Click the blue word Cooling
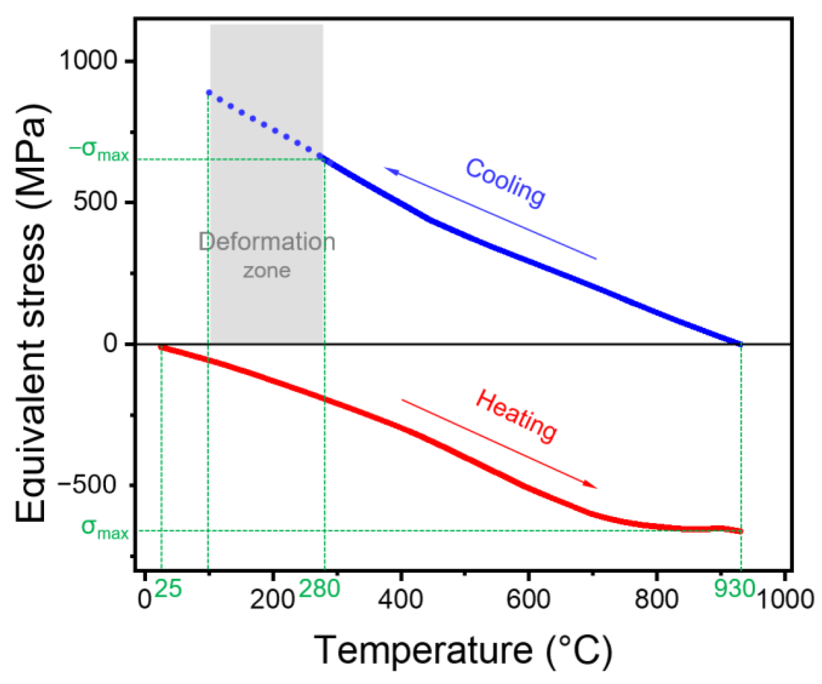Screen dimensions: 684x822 tap(505, 184)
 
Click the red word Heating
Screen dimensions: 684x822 tap(517, 416)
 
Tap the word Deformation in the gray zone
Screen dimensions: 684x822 tap(267, 242)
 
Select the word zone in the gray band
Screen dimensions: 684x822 tap(267, 271)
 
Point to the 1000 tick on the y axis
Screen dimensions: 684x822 tap(88, 61)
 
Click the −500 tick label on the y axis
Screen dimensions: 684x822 tap(87, 484)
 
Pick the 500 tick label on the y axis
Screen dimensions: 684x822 tap(95, 201)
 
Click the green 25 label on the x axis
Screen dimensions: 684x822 tap(168, 589)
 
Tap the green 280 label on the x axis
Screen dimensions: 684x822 tap(320, 589)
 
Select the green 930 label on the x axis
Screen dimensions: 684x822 tap(734, 588)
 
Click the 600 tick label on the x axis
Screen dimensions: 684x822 tap(528, 599)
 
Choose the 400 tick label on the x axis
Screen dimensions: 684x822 tap(400, 599)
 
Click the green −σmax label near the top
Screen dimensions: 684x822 tap(99, 151)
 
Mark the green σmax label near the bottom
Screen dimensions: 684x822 tap(105, 529)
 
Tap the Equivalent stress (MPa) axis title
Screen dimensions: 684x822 tap(31, 313)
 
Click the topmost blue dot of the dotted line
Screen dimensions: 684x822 tap(209, 92)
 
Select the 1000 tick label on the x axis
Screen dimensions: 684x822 tap(785, 599)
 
